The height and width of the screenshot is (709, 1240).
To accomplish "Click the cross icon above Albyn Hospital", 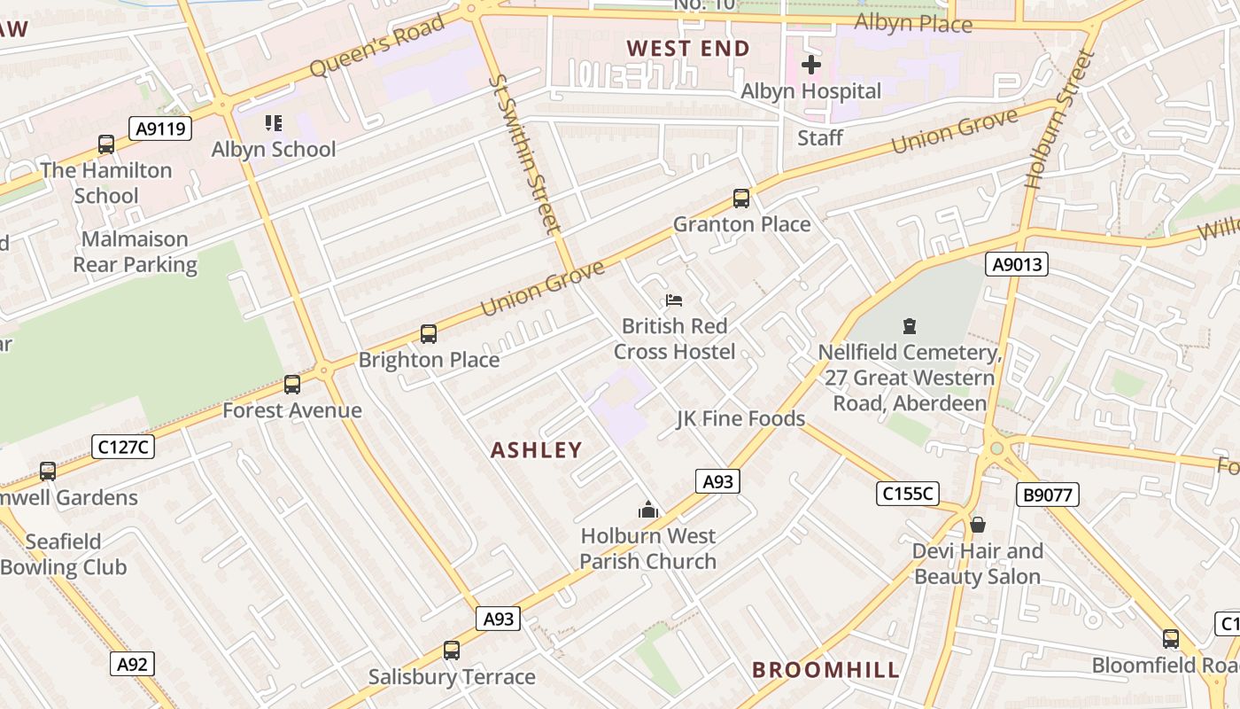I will (810, 65).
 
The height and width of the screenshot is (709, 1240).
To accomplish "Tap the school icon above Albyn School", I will (274, 123).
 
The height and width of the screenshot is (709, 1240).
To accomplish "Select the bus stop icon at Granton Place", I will (741, 199).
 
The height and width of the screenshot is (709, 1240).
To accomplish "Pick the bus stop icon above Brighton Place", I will (429, 334).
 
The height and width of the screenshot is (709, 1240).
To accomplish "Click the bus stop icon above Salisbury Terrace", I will (452, 651).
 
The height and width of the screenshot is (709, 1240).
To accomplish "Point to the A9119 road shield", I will (160, 129).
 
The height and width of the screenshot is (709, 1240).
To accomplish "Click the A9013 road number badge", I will (1017, 263).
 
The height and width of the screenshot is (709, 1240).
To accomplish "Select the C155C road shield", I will (907, 494).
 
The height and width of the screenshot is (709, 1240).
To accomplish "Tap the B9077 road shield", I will (1049, 495).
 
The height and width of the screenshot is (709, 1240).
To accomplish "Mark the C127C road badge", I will (123, 447).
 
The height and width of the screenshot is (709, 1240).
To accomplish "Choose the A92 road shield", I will (132, 664).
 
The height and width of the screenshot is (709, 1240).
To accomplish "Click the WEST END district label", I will (688, 49).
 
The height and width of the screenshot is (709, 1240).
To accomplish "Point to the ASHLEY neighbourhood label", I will (537, 450).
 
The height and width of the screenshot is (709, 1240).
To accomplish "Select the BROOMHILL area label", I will (825, 670).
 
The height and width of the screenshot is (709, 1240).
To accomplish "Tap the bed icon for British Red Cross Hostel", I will (674, 300).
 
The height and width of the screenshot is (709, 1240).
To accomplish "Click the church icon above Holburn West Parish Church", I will (648, 510).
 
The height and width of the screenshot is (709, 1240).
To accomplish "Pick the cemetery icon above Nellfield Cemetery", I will (909, 326).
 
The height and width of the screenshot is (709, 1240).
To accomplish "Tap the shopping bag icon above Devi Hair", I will (978, 525).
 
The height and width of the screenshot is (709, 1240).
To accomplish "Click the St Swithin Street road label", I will (525, 154).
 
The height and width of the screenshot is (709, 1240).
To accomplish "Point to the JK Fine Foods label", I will (740, 418).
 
